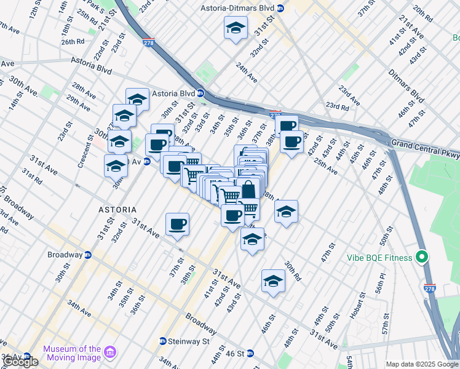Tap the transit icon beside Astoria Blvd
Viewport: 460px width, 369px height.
(x=200, y=93)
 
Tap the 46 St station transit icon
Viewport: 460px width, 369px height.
(x=258, y=354)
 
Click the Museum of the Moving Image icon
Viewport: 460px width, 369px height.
(x=110, y=352)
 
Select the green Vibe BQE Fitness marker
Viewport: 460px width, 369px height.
(x=421, y=256)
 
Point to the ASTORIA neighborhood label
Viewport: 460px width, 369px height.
(x=117, y=210)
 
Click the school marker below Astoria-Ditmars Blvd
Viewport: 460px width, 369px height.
(x=236, y=28)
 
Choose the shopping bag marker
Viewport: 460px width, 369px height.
(x=248, y=189)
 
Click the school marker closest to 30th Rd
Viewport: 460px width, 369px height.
(x=273, y=282)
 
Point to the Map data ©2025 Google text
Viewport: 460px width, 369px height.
(x=422, y=364)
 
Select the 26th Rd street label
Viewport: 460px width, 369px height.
(x=72, y=41)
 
